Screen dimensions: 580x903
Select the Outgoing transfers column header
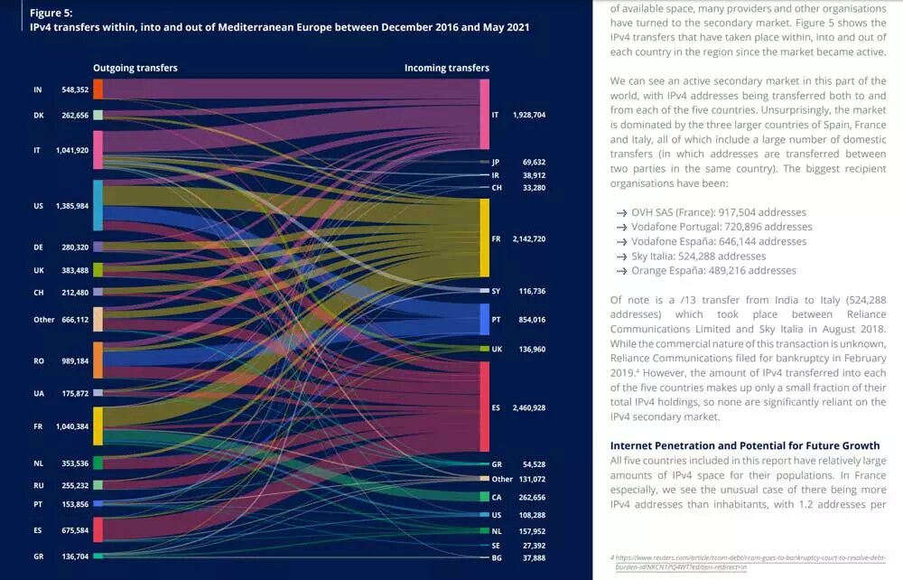[135, 68]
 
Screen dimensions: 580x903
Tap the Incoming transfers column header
[446, 68]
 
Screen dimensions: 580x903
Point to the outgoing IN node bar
[98, 89]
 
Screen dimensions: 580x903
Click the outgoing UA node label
[38, 393]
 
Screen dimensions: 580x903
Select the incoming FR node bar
[484, 239]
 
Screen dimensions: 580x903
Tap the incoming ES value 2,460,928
[529, 408]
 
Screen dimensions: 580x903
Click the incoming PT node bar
[484, 320]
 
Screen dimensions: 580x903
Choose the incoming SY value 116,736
[531, 291]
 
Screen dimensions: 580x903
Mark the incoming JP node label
[496, 162]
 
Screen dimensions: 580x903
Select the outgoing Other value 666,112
[74, 319]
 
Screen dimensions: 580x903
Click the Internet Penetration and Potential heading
[743, 445]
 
